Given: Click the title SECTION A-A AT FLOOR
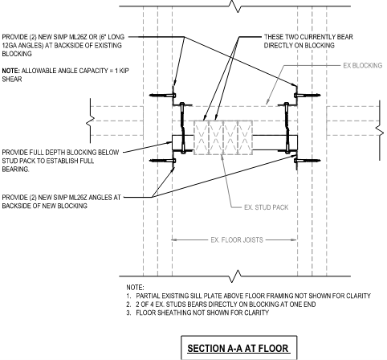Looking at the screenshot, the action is [238, 349].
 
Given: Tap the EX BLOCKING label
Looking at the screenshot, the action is [363, 65].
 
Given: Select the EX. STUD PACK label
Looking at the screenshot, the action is [267, 207].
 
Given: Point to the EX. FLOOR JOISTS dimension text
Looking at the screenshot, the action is [237, 239].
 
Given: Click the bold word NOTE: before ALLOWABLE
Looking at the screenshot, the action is [11, 71].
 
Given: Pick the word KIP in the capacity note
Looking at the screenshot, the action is [124, 71].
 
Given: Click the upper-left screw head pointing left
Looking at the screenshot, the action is [163, 95].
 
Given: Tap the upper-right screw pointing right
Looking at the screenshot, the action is [308, 95].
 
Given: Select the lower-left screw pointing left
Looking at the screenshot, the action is [163, 161].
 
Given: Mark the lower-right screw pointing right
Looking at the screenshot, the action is [308, 161].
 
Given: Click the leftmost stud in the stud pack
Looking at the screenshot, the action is [202, 137].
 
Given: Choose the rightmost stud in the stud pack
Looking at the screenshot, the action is [245, 137].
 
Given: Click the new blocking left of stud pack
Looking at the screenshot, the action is [183, 143].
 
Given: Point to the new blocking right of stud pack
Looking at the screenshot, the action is [275, 143].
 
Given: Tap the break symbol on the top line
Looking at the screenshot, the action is [238, 6].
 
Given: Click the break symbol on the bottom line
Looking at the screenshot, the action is [238, 276].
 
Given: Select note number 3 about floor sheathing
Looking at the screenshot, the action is [198, 313].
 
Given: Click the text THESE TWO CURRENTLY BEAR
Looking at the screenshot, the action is [308, 37].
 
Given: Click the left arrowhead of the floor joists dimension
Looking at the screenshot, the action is [174, 239].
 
